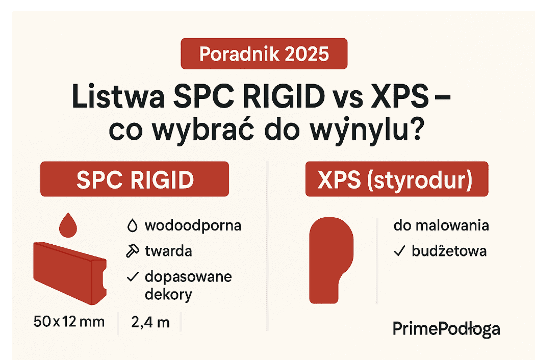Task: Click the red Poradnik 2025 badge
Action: (264, 54)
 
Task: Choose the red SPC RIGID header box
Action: (135, 179)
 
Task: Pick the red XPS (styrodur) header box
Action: (397, 179)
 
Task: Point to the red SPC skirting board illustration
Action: (69, 271)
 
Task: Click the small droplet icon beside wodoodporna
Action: (132, 225)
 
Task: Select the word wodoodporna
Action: (193, 225)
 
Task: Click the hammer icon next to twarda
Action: (132, 251)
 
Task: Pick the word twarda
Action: (168, 251)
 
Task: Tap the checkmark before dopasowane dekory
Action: (133, 277)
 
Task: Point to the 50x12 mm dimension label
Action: (68, 322)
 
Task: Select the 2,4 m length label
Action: (150, 322)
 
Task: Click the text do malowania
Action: (441, 225)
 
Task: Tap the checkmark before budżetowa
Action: (400, 251)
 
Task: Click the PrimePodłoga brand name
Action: (446, 329)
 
